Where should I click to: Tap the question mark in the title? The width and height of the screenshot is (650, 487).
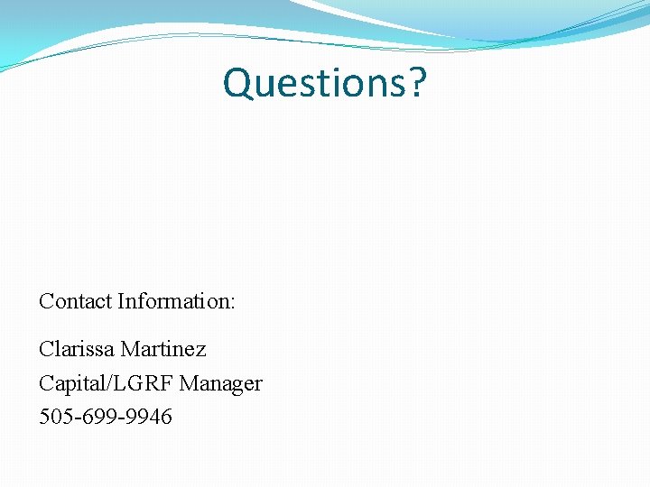417,83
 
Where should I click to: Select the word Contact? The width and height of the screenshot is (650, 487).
75,301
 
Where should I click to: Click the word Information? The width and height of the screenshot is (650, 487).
173,301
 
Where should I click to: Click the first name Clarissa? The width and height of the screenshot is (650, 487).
77,348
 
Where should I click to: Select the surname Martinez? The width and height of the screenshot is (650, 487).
163,348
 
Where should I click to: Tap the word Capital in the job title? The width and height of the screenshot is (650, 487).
70,383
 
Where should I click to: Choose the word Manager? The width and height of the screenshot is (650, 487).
221,383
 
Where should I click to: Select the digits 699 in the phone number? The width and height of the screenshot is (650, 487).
96,417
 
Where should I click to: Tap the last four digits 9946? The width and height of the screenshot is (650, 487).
144,417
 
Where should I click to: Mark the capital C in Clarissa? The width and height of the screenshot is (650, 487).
46,348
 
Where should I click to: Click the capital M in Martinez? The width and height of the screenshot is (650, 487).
130,348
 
